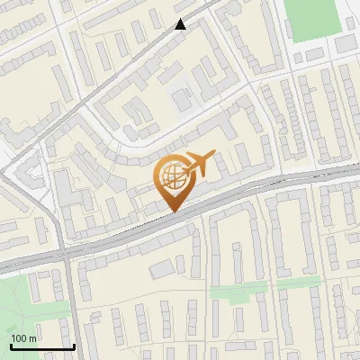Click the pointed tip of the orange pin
point(172,211)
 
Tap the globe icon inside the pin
point(172,176)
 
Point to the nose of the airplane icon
point(214,155)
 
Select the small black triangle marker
point(181,24)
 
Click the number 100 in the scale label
point(19,338)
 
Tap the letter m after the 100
point(33,338)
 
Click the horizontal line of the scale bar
point(41,346)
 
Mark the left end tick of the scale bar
point(11,345)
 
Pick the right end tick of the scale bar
point(73,345)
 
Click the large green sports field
point(316,20)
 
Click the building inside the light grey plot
point(183,99)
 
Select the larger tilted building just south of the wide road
point(162,268)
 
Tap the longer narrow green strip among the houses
point(239,291)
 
